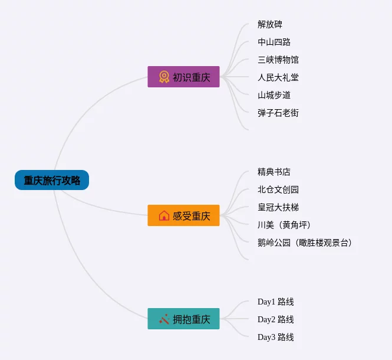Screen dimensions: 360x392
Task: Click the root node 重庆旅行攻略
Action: click(52, 181)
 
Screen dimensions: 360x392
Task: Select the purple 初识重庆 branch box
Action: click(183, 77)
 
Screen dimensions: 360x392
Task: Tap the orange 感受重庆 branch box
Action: click(183, 215)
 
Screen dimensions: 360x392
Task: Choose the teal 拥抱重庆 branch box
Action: click(183, 319)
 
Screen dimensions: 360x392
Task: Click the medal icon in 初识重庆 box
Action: click(164, 77)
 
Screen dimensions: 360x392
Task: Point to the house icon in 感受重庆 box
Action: click(164, 215)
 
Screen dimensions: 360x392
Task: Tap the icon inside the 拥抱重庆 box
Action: click(164, 319)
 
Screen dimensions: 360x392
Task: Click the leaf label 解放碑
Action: click(270, 24)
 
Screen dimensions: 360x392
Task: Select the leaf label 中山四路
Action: click(274, 42)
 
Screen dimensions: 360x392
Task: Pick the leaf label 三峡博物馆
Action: click(278, 60)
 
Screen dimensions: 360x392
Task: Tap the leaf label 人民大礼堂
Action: click(278, 77)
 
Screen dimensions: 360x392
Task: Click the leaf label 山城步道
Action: click(274, 95)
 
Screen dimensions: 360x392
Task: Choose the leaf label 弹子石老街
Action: click(278, 113)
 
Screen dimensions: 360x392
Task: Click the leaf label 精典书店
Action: click(274, 172)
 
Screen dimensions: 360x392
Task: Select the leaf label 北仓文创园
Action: click(278, 189)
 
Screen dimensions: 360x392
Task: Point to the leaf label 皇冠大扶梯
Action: click(278, 207)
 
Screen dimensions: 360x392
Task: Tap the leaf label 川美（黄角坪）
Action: click(284, 225)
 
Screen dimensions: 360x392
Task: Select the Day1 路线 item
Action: click(275, 302)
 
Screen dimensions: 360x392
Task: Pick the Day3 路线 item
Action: click(275, 337)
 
